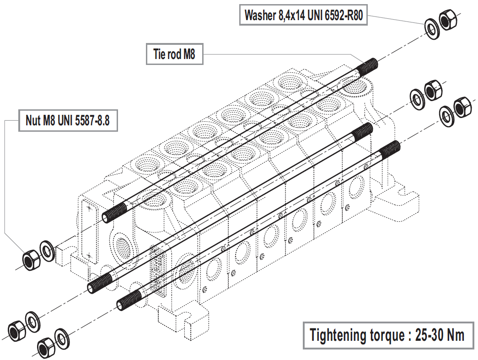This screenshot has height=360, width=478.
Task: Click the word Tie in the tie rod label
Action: pos(159,54)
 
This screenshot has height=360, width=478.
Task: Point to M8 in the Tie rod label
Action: pos(189,54)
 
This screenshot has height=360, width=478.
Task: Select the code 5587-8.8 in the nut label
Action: pos(91,121)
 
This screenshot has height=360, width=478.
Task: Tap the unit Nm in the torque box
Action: pos(455,335)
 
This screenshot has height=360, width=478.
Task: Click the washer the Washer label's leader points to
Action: pos(431,27)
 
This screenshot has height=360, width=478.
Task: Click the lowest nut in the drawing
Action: pos(45,348)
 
